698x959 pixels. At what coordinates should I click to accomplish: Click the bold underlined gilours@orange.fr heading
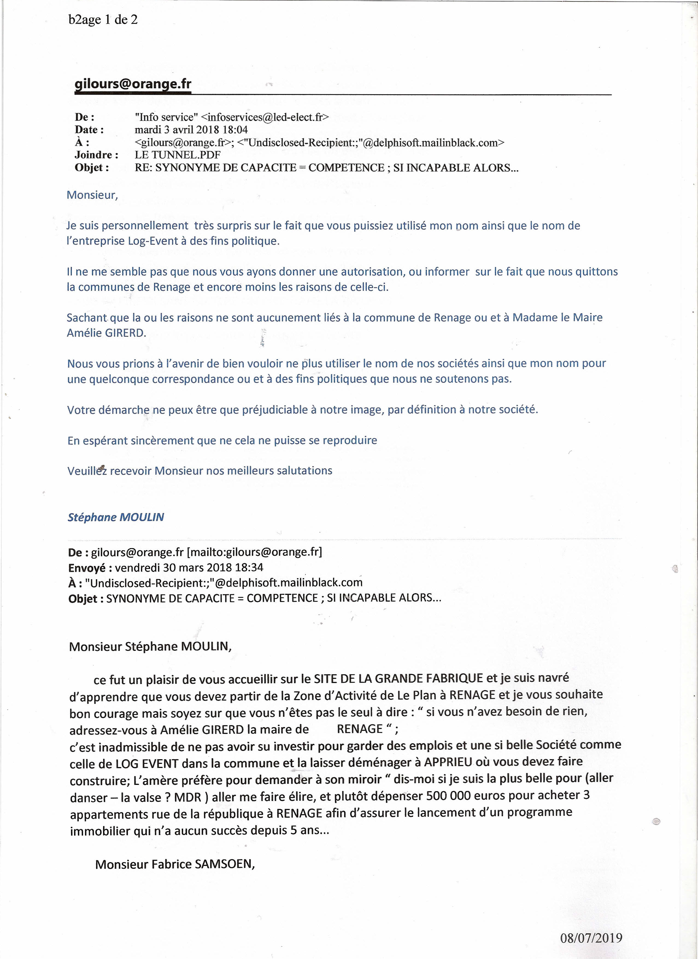point(133,84)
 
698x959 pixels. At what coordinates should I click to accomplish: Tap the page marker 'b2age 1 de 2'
point(103,19)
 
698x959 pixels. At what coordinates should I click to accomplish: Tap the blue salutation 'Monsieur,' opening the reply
point(92,195)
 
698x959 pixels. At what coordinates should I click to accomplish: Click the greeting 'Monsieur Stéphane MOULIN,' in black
point(150,647)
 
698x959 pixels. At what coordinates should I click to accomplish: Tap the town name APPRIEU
point(448,762)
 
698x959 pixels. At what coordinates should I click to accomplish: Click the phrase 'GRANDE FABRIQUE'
point(429,678)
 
